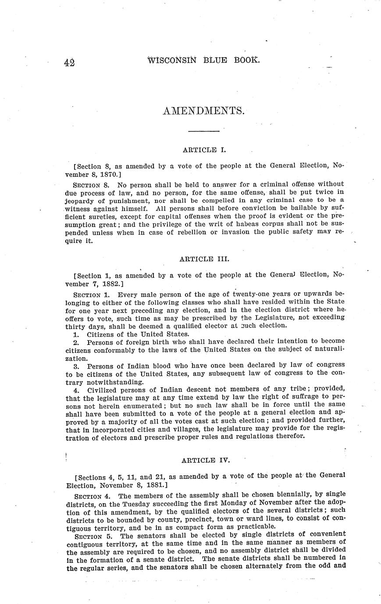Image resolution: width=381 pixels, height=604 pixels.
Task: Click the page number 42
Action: [69, 62]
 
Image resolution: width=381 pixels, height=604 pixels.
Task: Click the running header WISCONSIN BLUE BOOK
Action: [204, 60]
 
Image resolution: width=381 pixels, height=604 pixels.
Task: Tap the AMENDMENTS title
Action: [203, 111]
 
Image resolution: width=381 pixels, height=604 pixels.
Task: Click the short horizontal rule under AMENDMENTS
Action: [203, 131]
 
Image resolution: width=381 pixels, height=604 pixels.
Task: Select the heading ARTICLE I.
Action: [204, 150]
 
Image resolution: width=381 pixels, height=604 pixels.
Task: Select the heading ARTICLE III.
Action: [204, 259]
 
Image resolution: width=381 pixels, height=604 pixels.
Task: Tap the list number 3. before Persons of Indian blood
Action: [76, 365]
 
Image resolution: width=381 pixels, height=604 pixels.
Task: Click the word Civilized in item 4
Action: [104, 389]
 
